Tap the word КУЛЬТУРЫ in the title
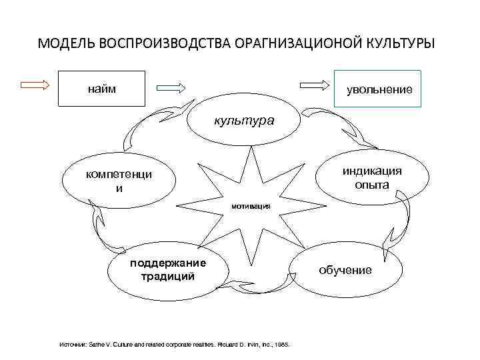(x=401, y=44)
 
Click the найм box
(x=101, y=89)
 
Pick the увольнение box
(x=378, y=89)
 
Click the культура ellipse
(x=243, y=122)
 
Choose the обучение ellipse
(x=345, y=270)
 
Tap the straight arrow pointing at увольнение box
(x=315, y=85)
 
